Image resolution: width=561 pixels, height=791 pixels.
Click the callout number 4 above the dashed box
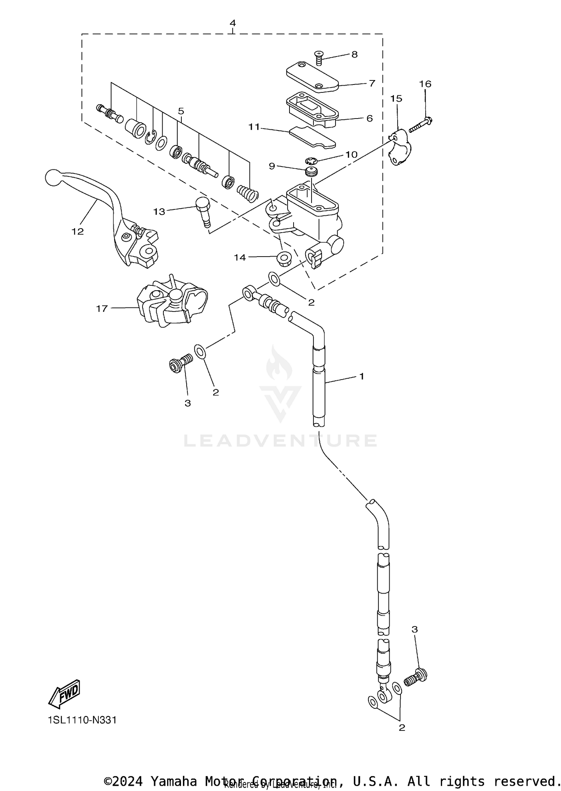[233, 23]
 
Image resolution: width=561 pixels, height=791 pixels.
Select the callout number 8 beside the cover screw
[354, 55]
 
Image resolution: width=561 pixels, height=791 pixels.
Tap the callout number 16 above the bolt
[425, 84]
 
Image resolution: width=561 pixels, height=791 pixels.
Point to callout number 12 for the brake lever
[78, 232]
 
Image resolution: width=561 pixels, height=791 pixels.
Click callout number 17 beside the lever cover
[102, 309]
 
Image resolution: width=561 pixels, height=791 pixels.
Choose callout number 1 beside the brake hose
[362, 376]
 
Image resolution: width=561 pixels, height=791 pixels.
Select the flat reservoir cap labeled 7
[312, 77]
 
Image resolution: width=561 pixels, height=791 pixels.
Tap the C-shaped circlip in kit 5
[150, 137]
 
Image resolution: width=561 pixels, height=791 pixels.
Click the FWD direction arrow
[64, 693]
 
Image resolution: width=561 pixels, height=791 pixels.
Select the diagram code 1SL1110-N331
[82, 720]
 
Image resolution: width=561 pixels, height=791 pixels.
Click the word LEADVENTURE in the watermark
[280, 441]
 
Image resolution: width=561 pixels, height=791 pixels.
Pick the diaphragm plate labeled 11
[312, 137]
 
